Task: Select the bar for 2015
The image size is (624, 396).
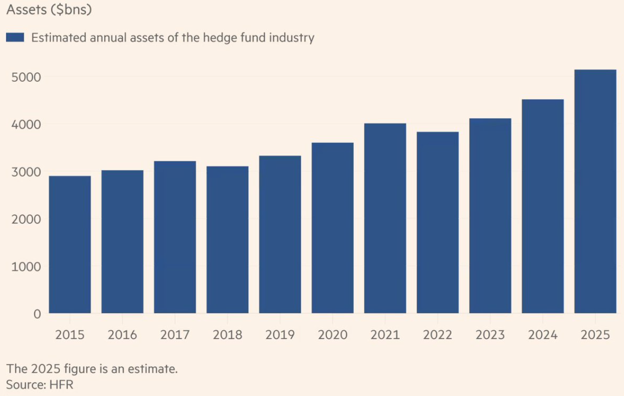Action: tap(70, 244)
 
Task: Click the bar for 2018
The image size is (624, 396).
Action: tap(227, 239)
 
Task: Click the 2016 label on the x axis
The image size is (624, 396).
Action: tap(122, 335)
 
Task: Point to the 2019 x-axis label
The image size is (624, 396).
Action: tap(280, 335)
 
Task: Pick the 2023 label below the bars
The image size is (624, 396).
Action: tap(490, 335)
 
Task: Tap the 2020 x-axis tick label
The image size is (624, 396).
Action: tap(333, 335)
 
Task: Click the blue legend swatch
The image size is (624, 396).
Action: tap(15, 37)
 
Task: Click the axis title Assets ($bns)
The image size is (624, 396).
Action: tap(49, 9)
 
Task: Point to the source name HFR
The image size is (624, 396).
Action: tap(62, 385)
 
